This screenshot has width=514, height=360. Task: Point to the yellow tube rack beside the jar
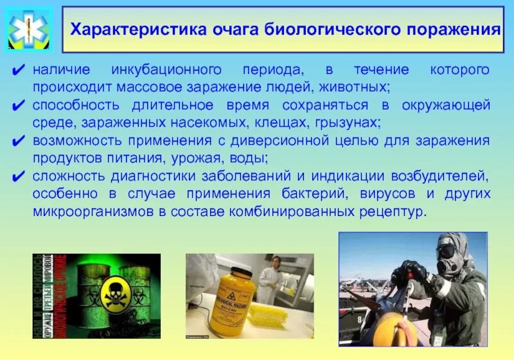click(270, 313)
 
